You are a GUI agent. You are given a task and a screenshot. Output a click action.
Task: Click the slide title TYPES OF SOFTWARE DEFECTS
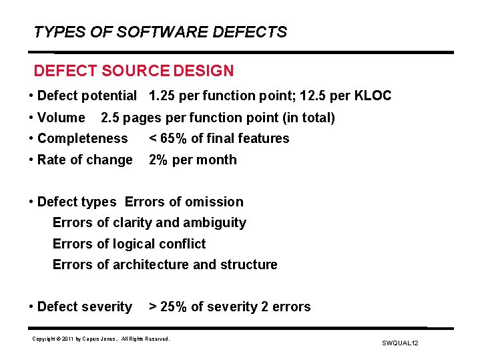click(x=160, y=32)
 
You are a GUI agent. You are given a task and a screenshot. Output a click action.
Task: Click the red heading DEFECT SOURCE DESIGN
click(x=134, y=71)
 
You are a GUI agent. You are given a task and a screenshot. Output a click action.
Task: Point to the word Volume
click(x=61, y=118)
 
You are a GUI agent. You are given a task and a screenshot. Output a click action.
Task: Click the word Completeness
click(x=82, y=139)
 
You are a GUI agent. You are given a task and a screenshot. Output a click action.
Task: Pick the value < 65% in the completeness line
click(x=167, y=139)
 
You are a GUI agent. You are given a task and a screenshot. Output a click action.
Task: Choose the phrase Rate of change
click(x=85, y=160)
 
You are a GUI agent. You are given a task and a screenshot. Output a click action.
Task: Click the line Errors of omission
click(x=184, y=202)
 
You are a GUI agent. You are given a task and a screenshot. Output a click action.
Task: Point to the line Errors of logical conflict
click(x=129, y=244)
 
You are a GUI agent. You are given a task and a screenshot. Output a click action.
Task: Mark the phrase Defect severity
click(x=85, y=307)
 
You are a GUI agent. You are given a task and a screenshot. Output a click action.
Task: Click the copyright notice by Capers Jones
click(x=101, y=339)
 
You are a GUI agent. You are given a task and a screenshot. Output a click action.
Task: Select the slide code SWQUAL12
click(x=400, y=343)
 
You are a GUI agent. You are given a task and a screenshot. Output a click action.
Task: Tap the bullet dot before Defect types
click(x=31, y=202)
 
